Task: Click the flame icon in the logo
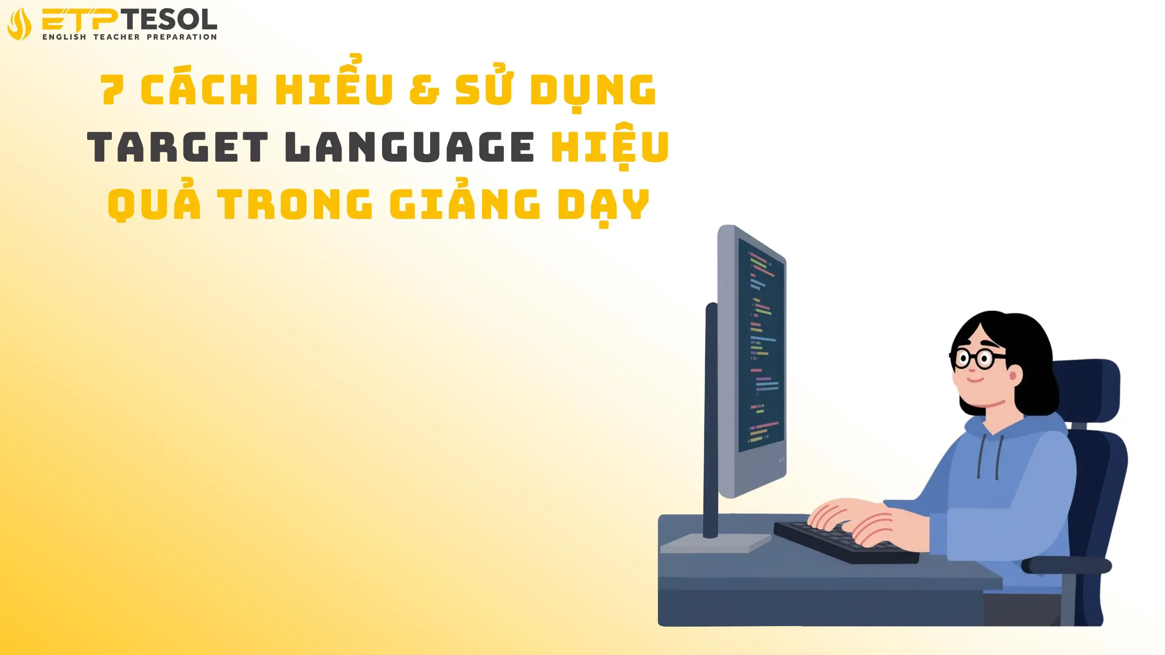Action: click(20, 24)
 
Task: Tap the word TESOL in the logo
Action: click(171, 20)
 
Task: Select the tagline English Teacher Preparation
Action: click(130, 37)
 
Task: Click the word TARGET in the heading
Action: click(178, 147)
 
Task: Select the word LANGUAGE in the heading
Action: click(410, 147)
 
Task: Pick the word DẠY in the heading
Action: click(603, 205)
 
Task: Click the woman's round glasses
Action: click(974, 359)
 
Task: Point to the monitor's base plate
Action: click(715, 543)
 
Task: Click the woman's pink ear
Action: click(1014, 375)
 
